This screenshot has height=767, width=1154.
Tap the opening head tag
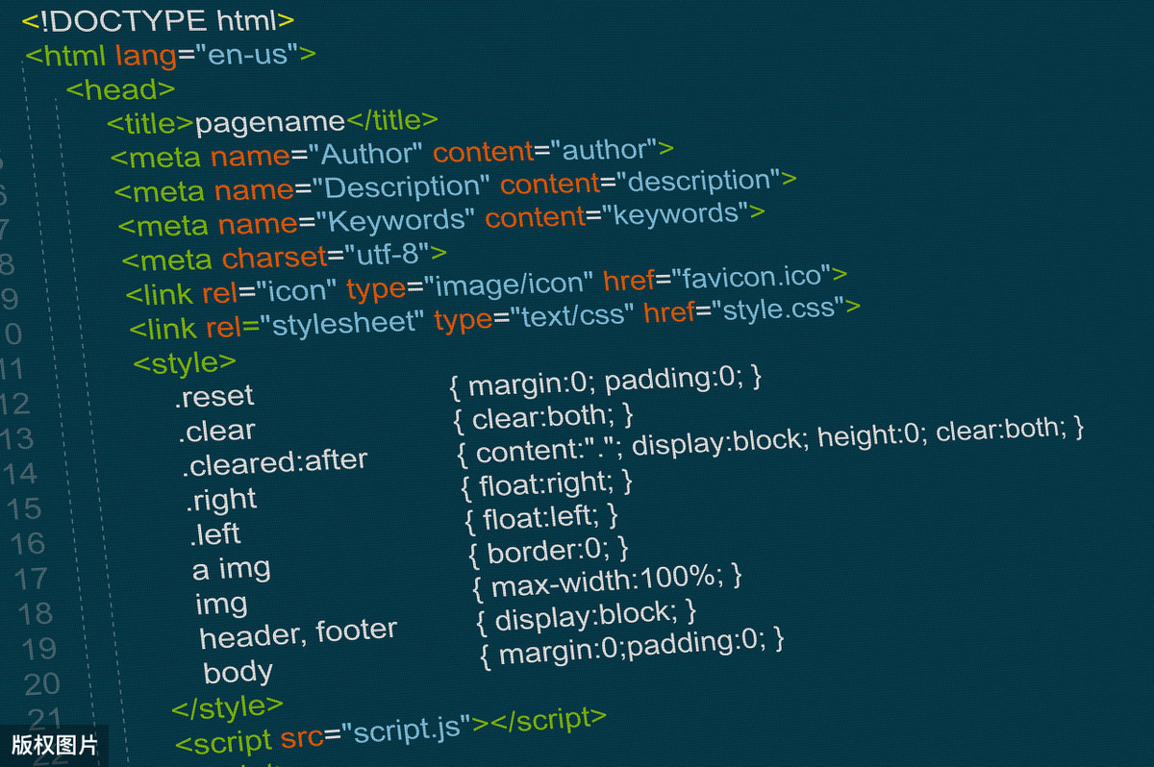pyautogui.click(x=120, y=89)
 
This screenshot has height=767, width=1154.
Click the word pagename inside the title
pyautogui.click(x=269, y=122)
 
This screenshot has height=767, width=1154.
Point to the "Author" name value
pyautogui.click(x=371, y=154)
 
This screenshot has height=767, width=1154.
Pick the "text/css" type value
pyautogui.click(x=571, y=316)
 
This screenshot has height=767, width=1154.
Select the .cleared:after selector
pyautogui.click(x=275, y=463)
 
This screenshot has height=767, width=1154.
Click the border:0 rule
pyautogui.click(x=548, y=551)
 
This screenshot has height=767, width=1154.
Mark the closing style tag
pyautogui.click(x=228, y=706)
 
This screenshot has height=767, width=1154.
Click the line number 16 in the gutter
pyautogui.click(x=28, y=544)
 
